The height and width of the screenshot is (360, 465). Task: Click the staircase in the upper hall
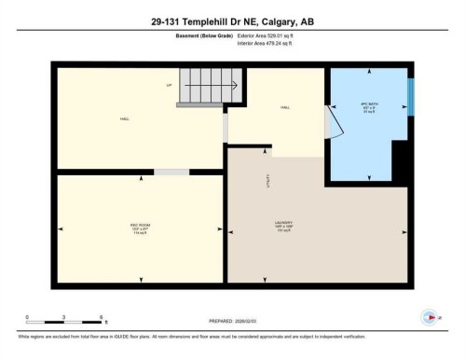tap(211, 87)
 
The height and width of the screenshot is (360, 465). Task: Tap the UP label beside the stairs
tap(170, 86)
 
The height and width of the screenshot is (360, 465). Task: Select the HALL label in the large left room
tap(124, 119)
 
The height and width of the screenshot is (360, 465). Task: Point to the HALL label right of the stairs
tap(284, 108)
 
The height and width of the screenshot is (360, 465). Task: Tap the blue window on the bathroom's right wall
tap(411, 97)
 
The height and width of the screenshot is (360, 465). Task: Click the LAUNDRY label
tap(284, 224)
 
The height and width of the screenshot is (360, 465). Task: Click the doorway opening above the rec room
tap(171, 173)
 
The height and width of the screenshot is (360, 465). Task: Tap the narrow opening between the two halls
tap(225, 128)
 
